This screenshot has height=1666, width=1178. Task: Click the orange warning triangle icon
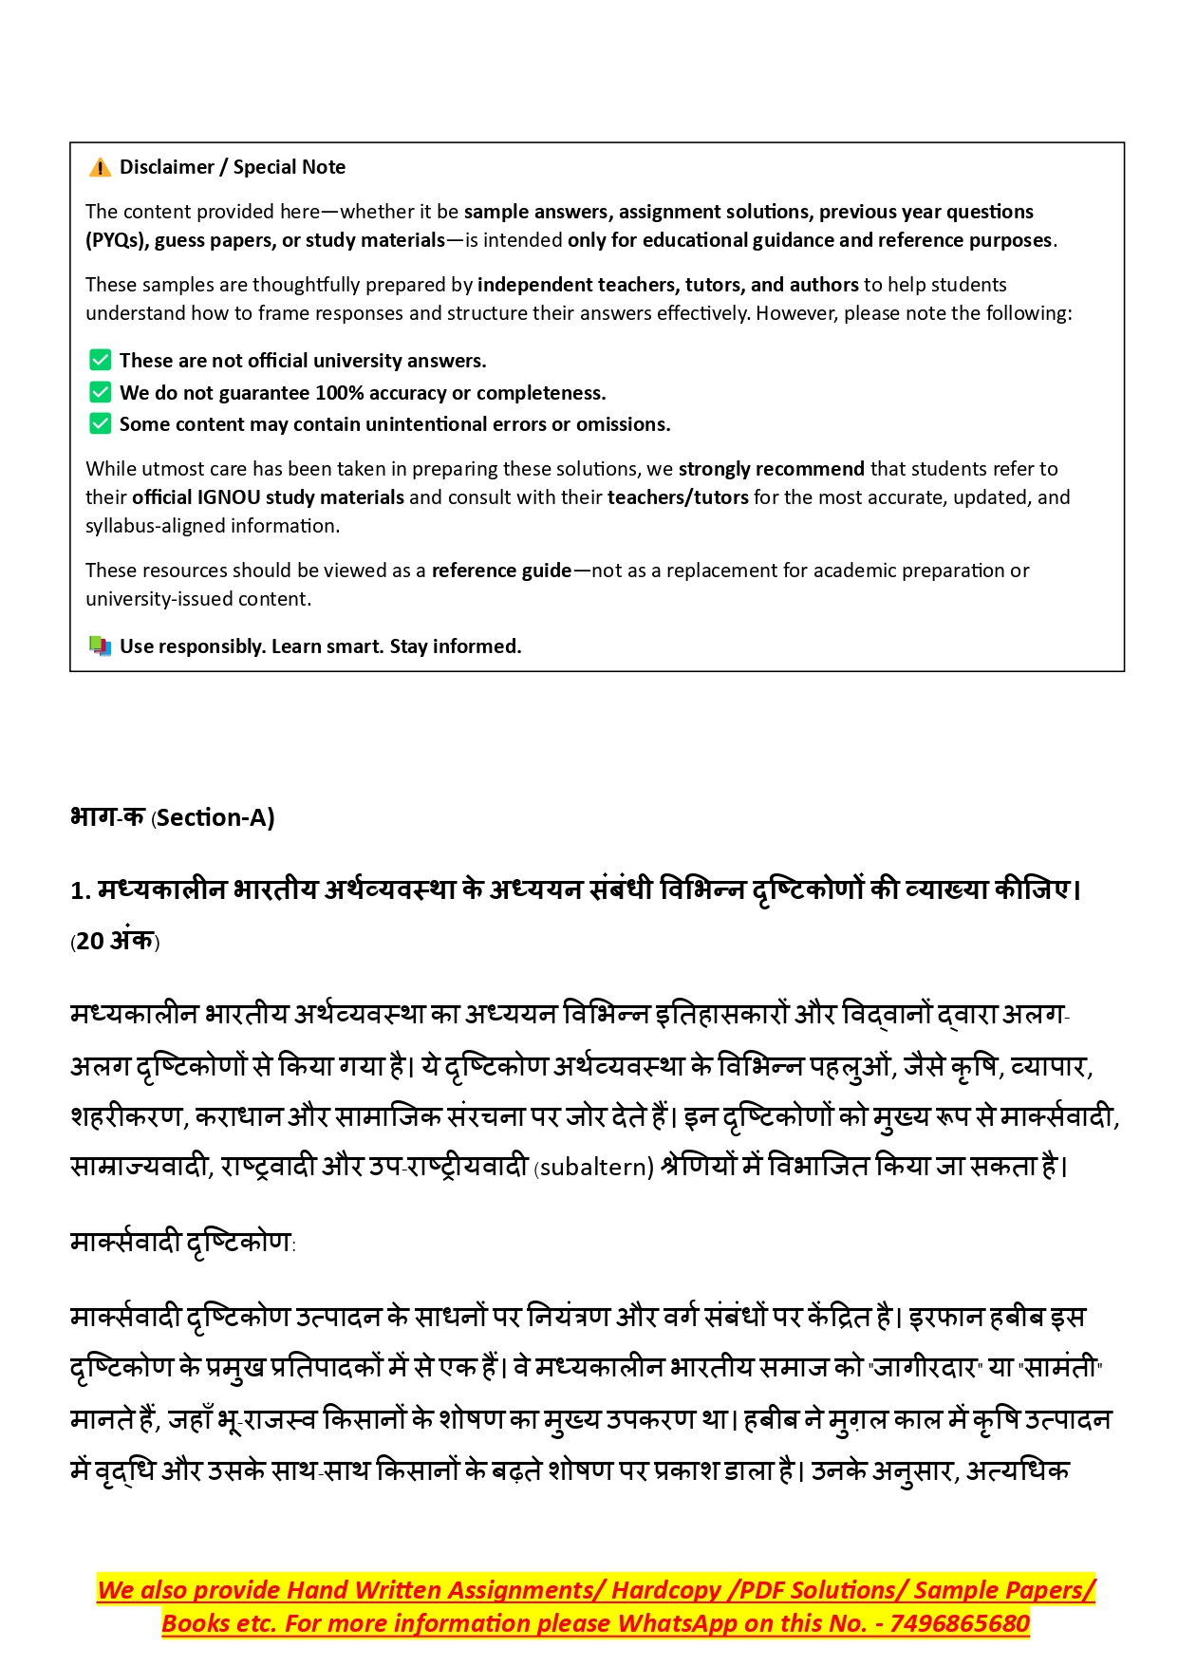coord(100,168)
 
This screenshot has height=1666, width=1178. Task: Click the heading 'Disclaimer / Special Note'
coord(233,167)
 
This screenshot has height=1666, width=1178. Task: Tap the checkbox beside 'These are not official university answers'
coord(100,360)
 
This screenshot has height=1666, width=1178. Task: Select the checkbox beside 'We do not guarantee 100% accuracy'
coord(100,392)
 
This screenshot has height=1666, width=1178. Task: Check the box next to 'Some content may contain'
coord(100,423)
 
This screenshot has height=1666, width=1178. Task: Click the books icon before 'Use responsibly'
coord(100,646)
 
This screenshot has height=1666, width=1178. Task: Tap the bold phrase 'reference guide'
coord(501,571)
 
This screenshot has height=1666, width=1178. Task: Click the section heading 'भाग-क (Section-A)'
coord(173,817)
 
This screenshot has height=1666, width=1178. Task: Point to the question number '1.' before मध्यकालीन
coord(81,890)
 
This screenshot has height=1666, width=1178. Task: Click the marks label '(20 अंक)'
coord(115,941)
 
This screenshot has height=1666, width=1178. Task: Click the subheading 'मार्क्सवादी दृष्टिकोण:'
coord(183,1243)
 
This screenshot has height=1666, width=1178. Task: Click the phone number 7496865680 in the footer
coord(960,1623)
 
